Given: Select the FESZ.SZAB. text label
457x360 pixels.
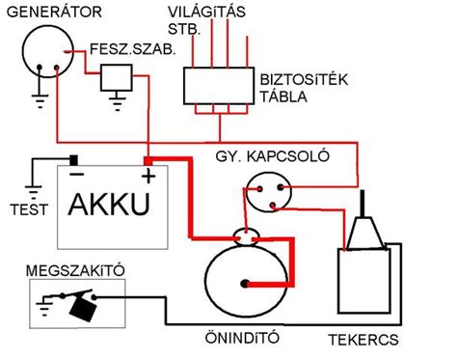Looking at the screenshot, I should tap(133, 48).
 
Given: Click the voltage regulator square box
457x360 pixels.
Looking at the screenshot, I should tap(117, 76).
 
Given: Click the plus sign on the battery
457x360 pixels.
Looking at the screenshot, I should tap(148, 176).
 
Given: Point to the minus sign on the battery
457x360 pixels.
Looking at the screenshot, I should tap(74, 175).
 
